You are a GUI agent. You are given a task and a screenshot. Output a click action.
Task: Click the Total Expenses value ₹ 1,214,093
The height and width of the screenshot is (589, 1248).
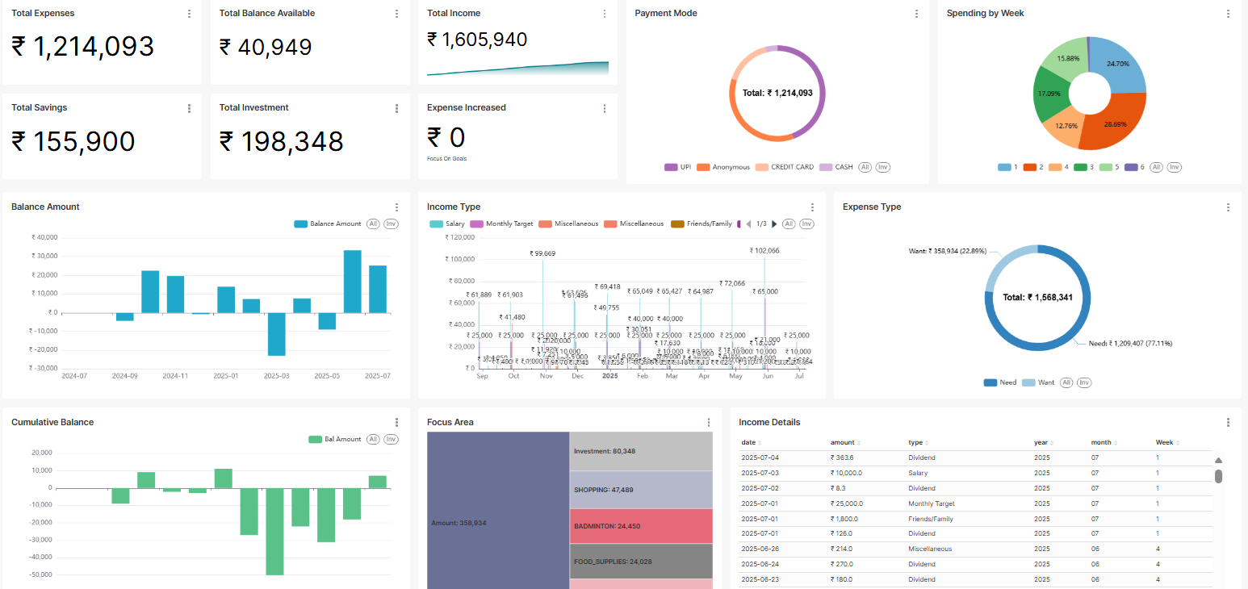click(x=82, y=47)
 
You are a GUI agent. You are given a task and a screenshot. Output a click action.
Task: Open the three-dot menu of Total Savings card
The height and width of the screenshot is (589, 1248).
click(x=189, y=108)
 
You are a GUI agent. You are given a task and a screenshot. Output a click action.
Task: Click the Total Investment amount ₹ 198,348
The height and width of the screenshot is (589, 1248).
click(x=281, y=142)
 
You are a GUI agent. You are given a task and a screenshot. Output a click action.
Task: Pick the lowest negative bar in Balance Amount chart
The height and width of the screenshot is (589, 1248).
click(x=277, y=334)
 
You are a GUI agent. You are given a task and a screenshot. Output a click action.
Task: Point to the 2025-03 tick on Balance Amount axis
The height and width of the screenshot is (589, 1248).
click(x=277, y=376)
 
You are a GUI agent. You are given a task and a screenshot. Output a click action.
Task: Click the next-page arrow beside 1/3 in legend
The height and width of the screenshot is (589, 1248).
click(x=775, y=223)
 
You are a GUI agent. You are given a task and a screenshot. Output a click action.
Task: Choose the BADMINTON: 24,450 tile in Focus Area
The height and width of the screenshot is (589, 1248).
click(x=641, y=526)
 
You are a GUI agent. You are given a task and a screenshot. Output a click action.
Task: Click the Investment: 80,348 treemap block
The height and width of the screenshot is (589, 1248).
click(x=641, y=451)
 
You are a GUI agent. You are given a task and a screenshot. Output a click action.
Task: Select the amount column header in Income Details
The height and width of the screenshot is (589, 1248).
click(x=842, y=442)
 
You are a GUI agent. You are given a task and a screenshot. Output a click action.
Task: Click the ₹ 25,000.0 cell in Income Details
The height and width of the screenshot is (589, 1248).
click(x=847, y=503)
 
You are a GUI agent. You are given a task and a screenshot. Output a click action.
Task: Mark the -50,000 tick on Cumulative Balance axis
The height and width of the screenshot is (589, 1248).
click(x=39, y=574)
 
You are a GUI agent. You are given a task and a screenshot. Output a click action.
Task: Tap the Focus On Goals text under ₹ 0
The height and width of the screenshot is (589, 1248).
click(x=446, y=159)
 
